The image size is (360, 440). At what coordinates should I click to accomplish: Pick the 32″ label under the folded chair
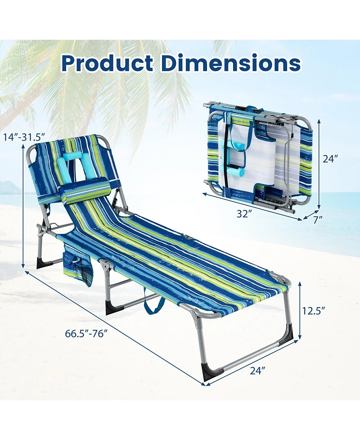tap(243, 215)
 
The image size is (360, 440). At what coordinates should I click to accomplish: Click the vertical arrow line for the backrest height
tap(22, 207)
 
